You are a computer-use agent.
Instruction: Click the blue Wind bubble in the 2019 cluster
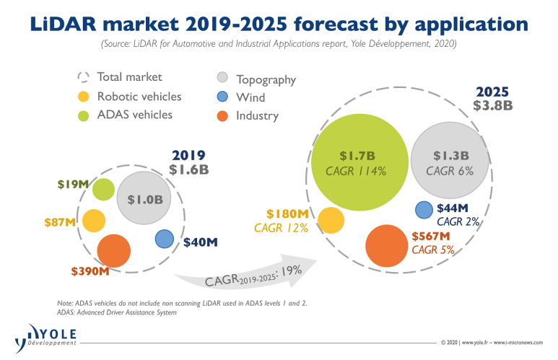click(x=165, y=239)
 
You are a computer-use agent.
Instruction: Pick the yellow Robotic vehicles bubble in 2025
click(x=331, y=220)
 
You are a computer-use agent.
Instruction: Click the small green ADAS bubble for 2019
click(x=103, y=189)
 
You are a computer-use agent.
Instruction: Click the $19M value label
click(x=73, y=185)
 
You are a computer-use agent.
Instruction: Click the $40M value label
click(x=201, y=242)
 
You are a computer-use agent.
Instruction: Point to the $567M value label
click(x=432, y=236)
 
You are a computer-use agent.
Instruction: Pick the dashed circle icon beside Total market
click(x=84, y=78)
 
